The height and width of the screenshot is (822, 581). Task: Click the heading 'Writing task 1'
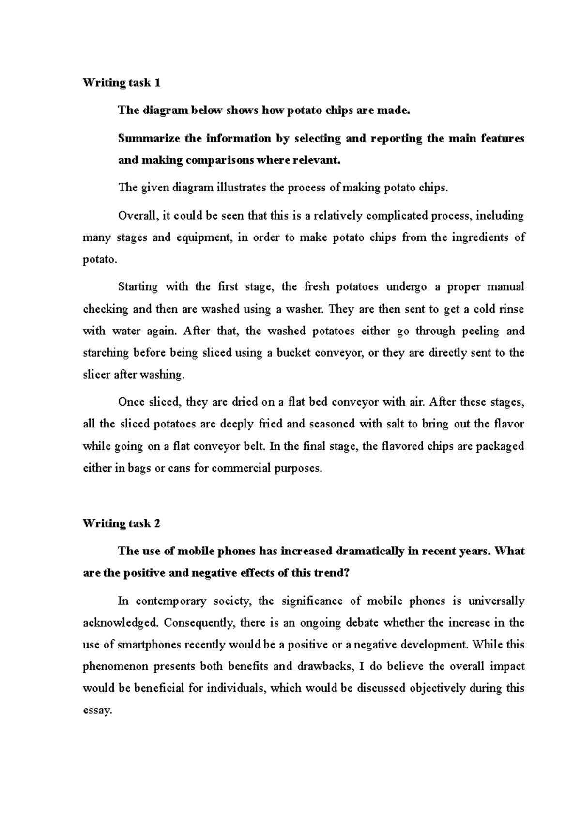point(121,83)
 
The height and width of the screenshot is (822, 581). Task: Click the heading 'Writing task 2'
point(122,523)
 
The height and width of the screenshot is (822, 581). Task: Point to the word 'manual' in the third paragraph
point(505,287)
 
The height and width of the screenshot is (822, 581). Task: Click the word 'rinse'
point(511,309)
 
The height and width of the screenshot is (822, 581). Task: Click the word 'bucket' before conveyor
point(293,353)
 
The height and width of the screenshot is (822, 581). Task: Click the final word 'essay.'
point(97,711)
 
